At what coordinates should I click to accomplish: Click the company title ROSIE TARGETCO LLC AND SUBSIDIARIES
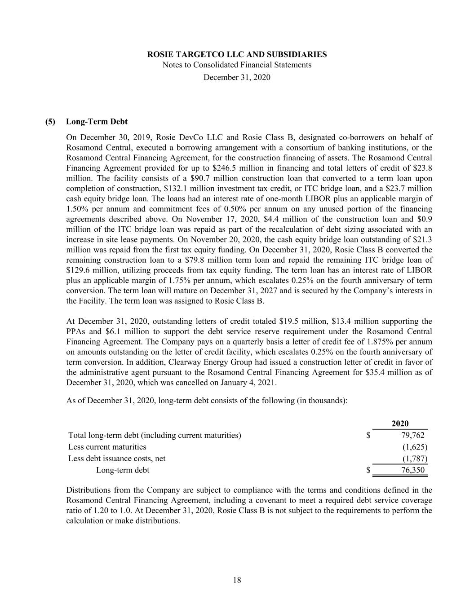(237, 54)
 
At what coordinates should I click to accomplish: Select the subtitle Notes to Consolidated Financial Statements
(237, 65)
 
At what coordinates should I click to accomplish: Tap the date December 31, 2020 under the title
(237, 77)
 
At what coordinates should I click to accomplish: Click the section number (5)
(50, 122)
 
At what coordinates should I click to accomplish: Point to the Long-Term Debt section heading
(97, 122)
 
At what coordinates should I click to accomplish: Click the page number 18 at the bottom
(237, 580)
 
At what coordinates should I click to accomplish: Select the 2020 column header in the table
(400, 423)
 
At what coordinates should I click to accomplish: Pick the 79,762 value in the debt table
(412, 435)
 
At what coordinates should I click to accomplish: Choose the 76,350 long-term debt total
(412, 470)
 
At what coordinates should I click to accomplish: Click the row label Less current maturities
(107, 447)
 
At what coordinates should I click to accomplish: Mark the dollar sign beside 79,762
(368, 435)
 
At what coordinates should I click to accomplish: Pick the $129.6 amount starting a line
(78, 270)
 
